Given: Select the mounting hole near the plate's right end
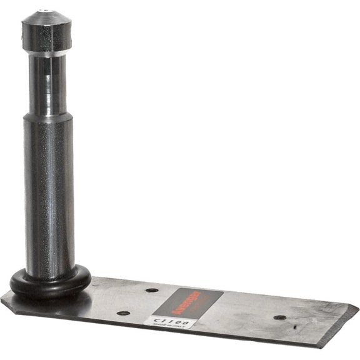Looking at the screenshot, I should [280, 317].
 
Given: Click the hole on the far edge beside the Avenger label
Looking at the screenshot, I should [151, 291].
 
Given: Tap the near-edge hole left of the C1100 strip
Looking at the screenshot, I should [123, 312].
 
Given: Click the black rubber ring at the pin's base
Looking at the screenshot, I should [50, 284].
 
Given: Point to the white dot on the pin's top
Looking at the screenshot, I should [45, 11].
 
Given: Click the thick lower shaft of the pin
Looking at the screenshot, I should [49, 194].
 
